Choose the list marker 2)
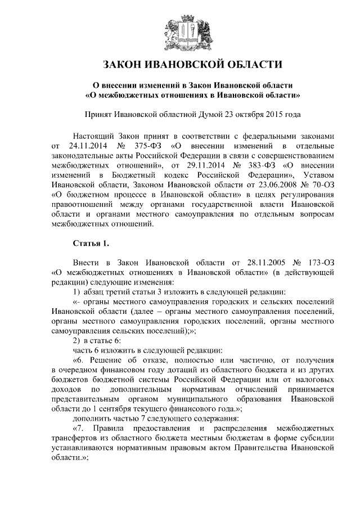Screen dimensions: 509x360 pos(77,340)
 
